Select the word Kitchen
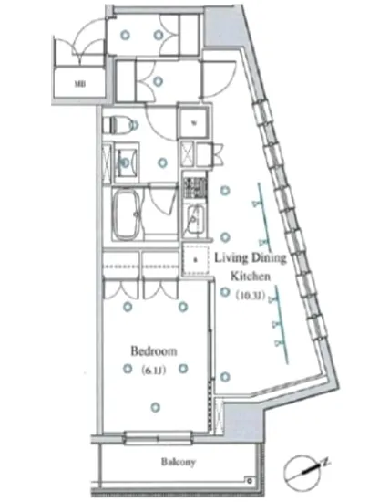pos(249,276)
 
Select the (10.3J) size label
pos(251,295)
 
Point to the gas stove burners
pos(194,188)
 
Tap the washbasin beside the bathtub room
pos(126,162)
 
